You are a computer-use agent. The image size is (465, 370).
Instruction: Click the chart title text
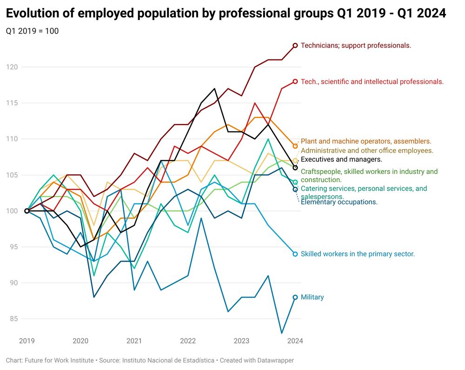226,13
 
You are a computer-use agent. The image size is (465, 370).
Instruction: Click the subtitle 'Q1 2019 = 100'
32,31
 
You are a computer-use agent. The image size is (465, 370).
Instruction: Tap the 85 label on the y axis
13,318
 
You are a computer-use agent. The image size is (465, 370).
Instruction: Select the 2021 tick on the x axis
134,341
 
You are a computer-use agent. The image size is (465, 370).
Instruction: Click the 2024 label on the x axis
295,341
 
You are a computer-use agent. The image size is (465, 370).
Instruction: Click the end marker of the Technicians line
295,46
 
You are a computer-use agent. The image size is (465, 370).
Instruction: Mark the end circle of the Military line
295,297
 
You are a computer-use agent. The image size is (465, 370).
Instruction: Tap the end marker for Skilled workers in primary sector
295,254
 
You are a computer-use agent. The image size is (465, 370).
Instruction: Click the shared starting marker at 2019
27,211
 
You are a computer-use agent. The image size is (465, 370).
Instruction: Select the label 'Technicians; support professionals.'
356,46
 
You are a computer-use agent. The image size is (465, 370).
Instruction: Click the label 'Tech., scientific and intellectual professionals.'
372,82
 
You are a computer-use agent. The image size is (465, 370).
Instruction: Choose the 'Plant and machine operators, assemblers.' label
366,141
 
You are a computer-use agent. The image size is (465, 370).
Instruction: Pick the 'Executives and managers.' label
341,159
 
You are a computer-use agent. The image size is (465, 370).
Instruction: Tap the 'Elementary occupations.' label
339,202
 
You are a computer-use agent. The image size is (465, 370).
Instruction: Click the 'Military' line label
312,297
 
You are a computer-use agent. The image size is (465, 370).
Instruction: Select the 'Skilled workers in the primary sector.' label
358,254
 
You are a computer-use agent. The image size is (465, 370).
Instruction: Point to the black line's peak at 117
214,88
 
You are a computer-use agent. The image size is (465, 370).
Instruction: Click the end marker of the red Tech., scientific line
295,81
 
